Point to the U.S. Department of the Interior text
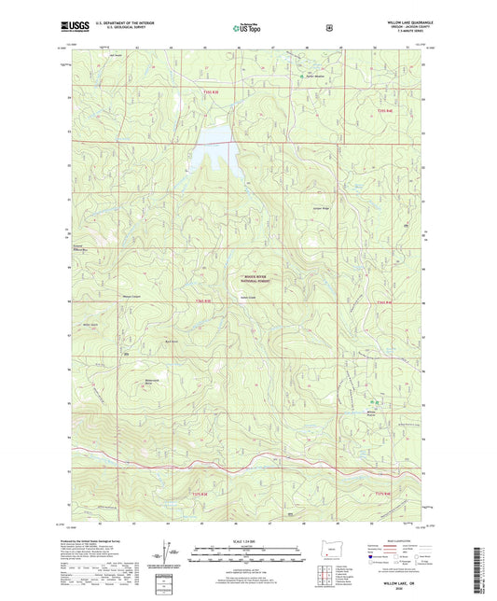pyautogui.click(x=129, y=21)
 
